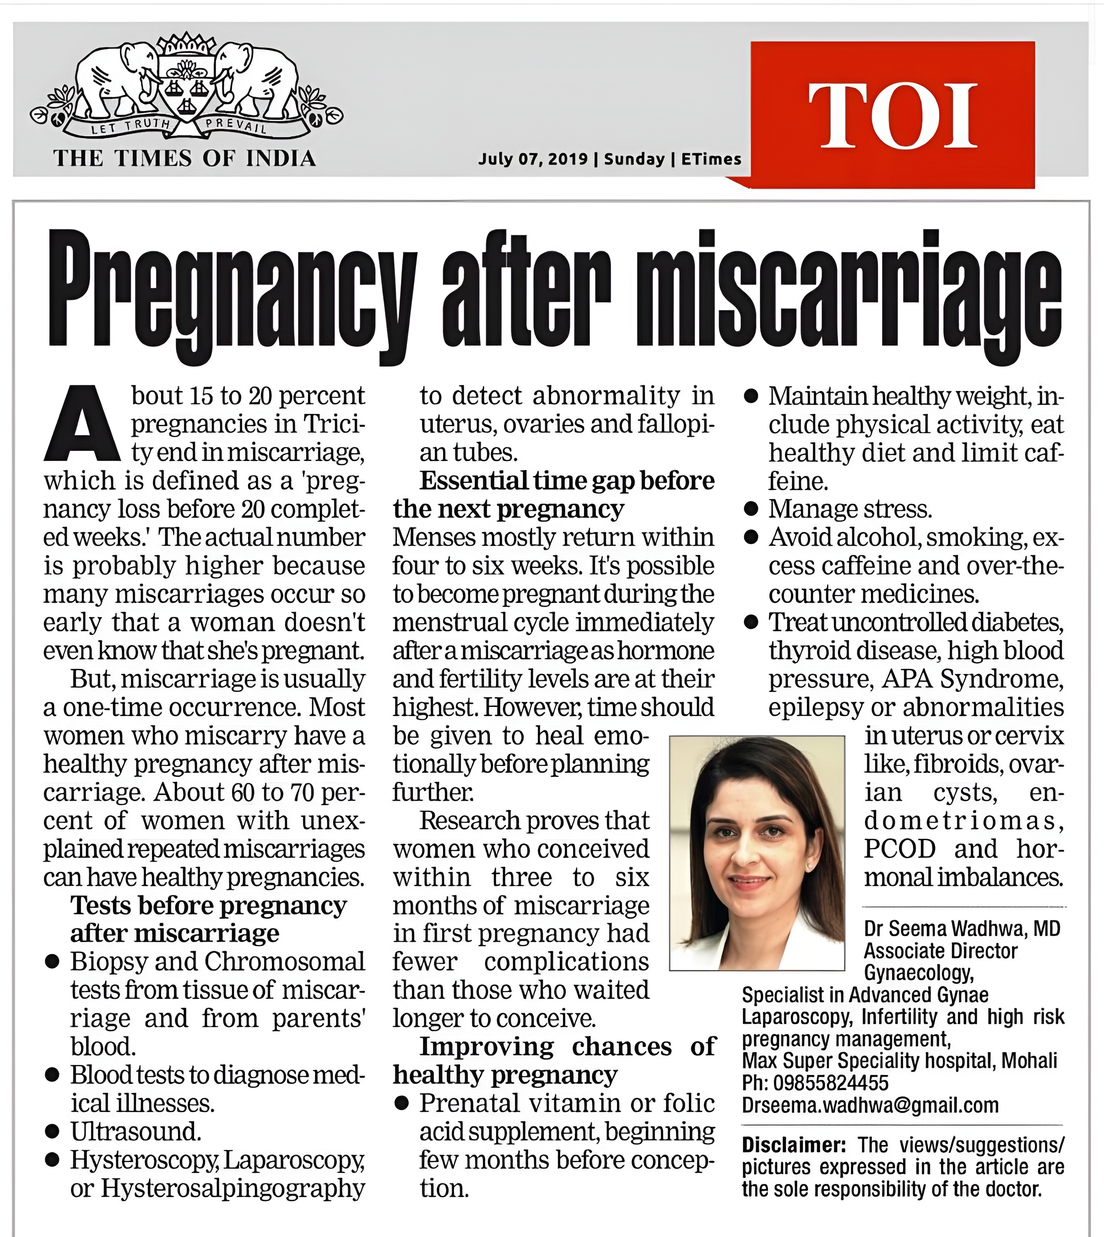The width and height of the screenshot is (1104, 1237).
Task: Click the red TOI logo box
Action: pyautogui.click(x=892, y=114)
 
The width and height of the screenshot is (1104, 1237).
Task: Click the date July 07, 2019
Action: pyautogui.click(x=533, y=159)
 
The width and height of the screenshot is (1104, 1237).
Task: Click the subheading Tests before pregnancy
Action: pyautogui.click(x=208, y=906)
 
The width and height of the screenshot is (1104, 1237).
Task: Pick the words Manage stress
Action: pyautogui.click(x=849, y=509)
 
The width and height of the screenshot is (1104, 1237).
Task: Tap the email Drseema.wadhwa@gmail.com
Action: pyautogui.click(x=870, y=1105)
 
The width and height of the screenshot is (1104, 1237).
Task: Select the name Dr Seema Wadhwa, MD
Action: pyautogui.click(x=962, y=928)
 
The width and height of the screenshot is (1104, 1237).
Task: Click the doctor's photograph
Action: pyautogui.click(x=757, y=852)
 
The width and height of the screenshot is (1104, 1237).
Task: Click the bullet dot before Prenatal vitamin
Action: pyautogui.click(x=401, y=1103)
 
